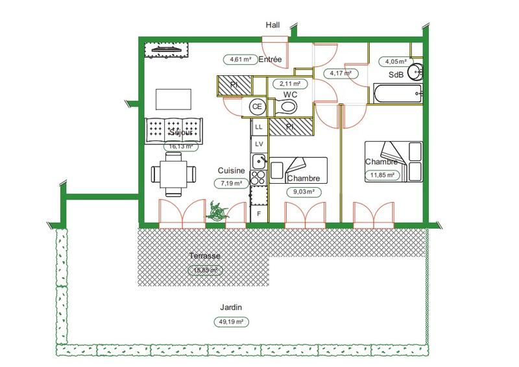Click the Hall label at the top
[x=273, y=25]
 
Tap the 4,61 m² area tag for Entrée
[x=238, y=60]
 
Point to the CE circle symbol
[x=258, y=107]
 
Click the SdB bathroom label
[x=396, y=75]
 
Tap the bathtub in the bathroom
[x=397, y=94]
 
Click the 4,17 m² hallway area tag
[x=341, y=73]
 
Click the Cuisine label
[x=231, y=171]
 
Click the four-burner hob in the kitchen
[x=258, y=177]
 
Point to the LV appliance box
[x=258, y=144]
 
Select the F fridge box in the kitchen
[x=258, y=213]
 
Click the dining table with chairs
[x=173, y=174]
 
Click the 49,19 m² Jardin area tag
[x=231, y=322]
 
